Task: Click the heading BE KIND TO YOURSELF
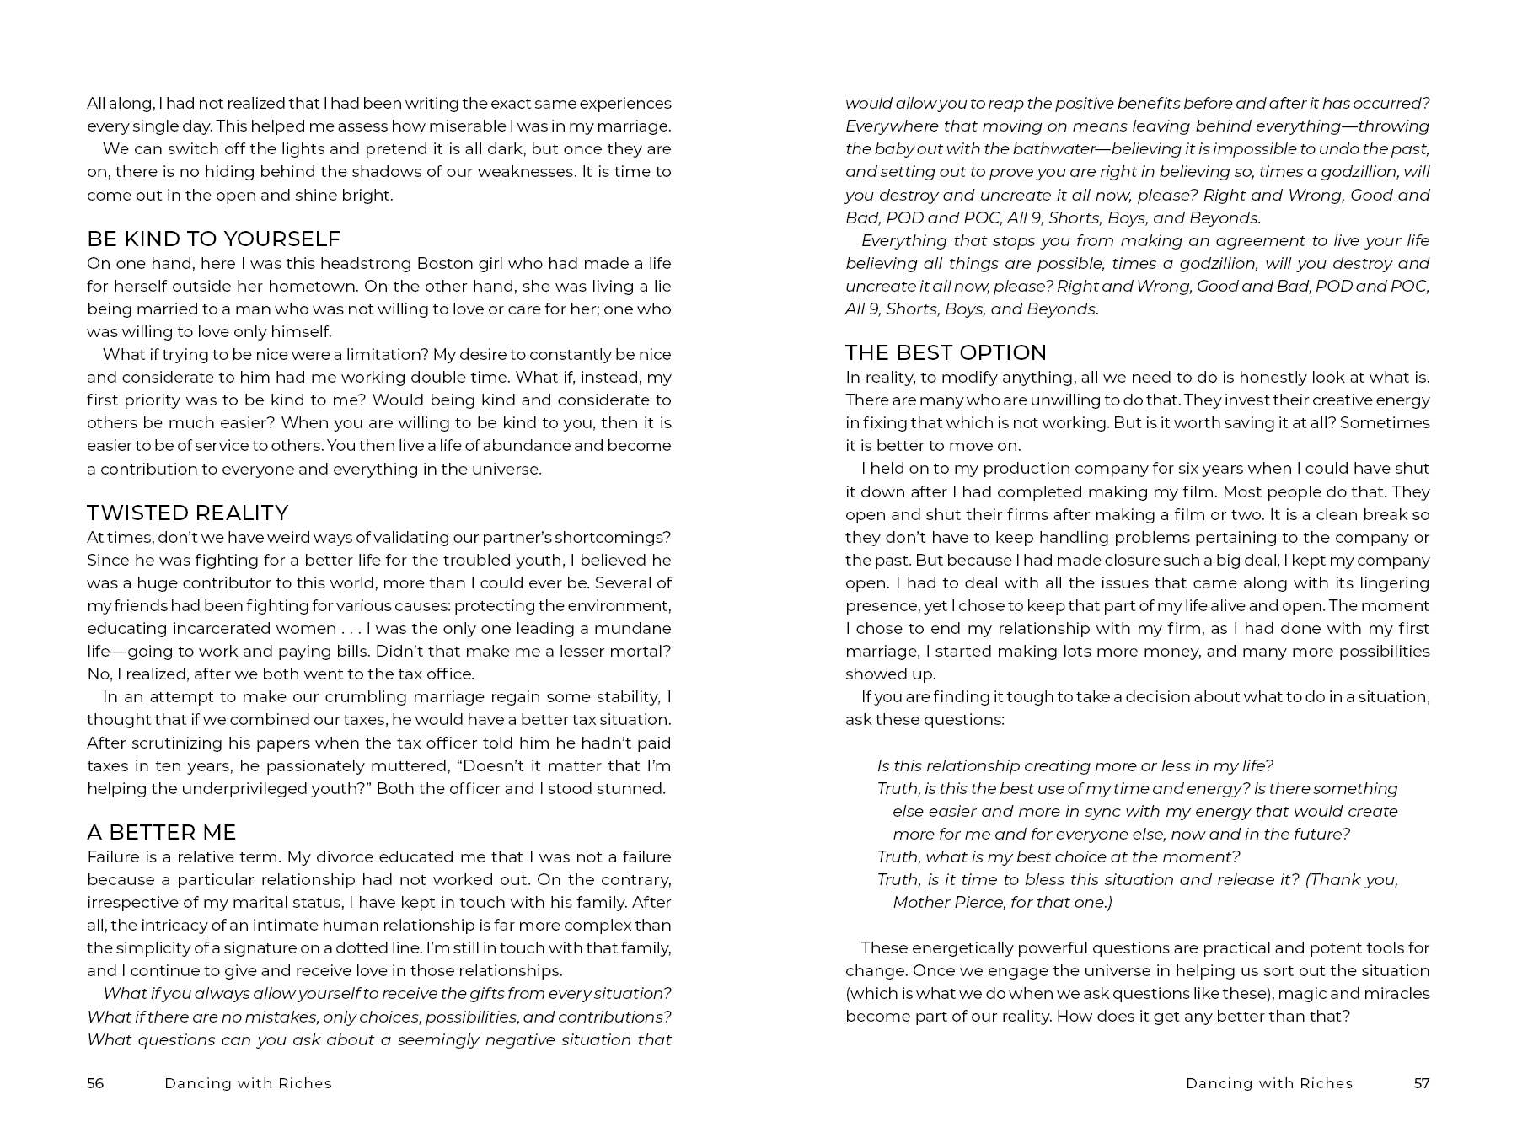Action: coord(213,239)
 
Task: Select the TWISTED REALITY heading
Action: coord(187,513)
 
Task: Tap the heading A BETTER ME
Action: coord(161,832)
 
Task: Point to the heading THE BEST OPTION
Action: coord(946,352)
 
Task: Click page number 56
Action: coord(95,1083)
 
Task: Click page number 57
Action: coord(1422,1083)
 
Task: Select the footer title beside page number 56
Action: coord(248,1083)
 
